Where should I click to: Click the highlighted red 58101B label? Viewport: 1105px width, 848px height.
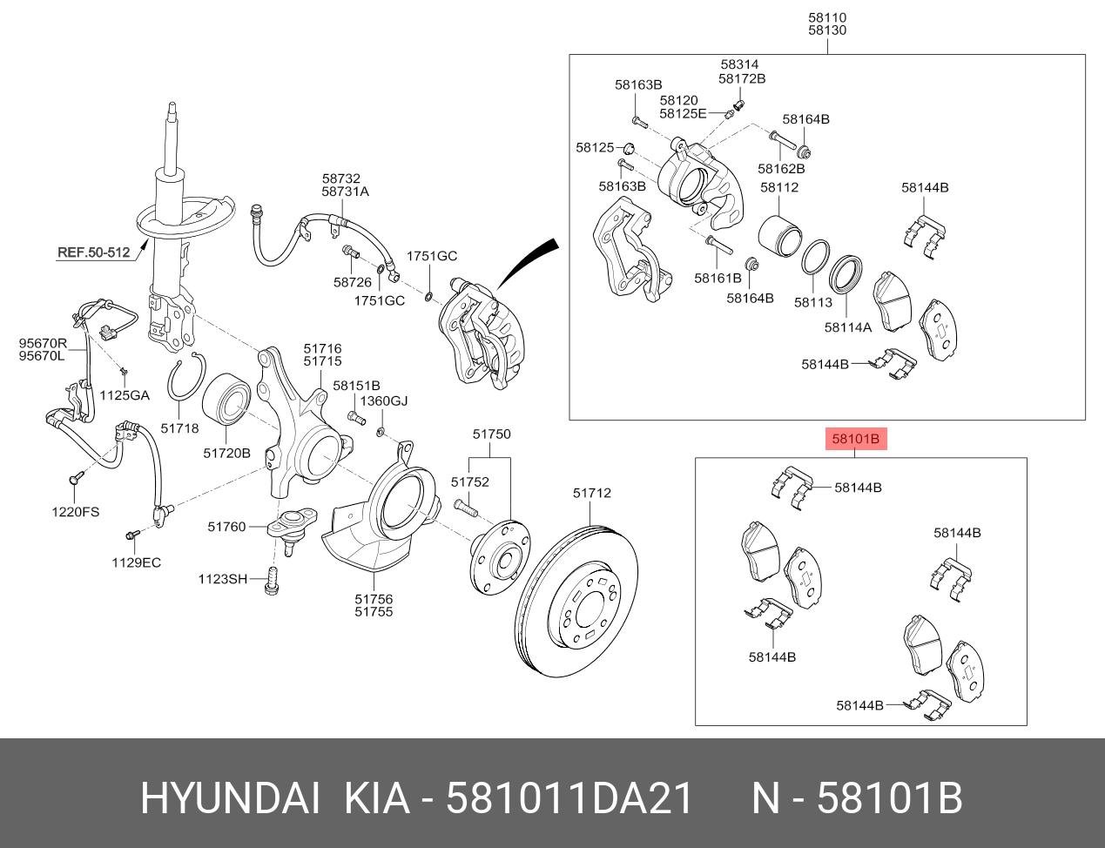[x=856, y=439]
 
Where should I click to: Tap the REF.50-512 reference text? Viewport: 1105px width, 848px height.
[x=93, y=252]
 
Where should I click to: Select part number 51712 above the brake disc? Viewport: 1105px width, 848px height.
[x=592, y=493]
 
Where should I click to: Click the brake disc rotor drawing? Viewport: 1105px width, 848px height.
[x=576, y=602]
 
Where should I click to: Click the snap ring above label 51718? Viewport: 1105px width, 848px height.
[x=185, y=379]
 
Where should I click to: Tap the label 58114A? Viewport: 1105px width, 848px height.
[x=848, y=328]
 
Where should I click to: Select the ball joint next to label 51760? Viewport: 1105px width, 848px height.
[x=292, y=531]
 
